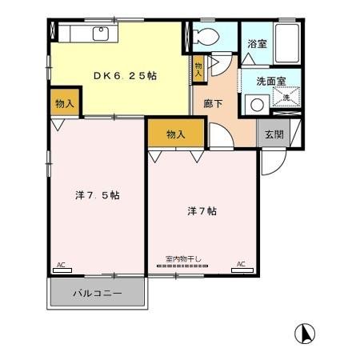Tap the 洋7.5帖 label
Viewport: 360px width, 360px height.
[x=98, y=195]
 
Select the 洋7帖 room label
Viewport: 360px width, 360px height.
[x=202, y=211]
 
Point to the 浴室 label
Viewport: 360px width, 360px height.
[x=256, y=45]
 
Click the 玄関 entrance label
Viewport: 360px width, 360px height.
[x=274, y=135]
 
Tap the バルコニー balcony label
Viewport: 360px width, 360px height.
[x=98, y=294]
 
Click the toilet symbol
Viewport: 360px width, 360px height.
[x=205, y=37]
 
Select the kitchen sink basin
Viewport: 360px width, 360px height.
[x=101, y=34]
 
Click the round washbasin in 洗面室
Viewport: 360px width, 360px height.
[x=257, y=103]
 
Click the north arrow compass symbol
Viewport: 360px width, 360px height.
[x=306, y=332]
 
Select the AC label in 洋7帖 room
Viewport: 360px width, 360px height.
[x=240, y=263]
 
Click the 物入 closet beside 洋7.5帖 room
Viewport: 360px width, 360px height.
[x=65, y=103]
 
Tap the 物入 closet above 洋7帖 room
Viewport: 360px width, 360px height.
[x=175, y=134]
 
